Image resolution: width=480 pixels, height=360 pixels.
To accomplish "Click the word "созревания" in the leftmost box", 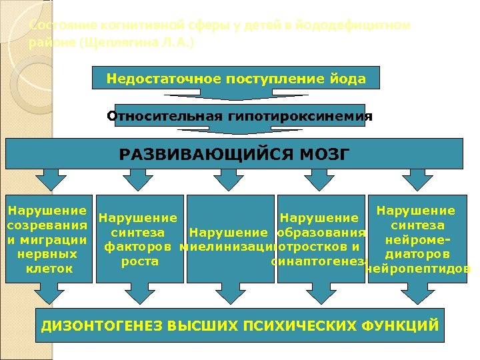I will (x=46, y=225).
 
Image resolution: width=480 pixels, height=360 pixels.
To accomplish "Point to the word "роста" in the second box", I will (x=140, y=261).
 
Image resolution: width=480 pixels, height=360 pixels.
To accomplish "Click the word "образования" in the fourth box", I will (x=321, y=233).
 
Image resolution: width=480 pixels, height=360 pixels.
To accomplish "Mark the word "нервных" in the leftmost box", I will (x=46, y=254).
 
